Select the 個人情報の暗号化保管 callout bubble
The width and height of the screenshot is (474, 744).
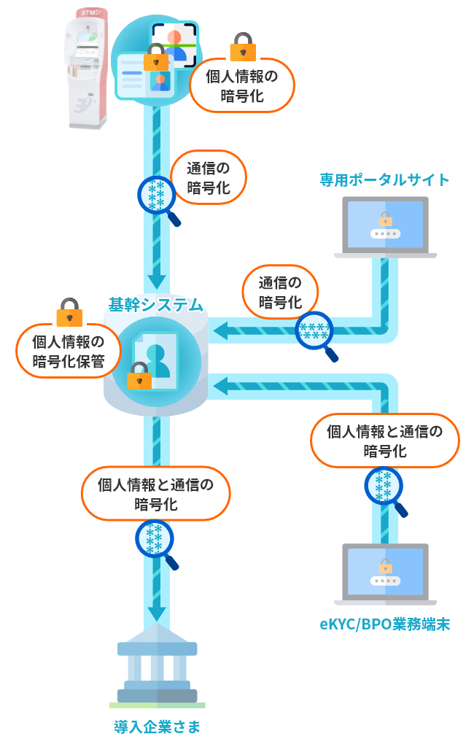tap(69, 351)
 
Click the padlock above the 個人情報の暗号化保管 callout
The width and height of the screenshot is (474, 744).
tap(69, 311)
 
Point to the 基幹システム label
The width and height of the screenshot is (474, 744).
tap(155, 303)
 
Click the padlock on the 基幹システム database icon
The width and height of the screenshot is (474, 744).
tap(139, 376)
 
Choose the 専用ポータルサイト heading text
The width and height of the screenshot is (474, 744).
tap(384, 179)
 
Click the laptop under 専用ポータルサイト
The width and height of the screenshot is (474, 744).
tap(385, 227)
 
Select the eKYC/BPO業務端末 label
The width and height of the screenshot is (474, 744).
tap(384, 624)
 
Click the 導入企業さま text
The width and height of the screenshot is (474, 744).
tap(157, 726)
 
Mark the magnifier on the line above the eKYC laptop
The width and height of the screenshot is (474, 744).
tap(384, 487)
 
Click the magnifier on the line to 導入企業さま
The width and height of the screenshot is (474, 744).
tap(155, 540)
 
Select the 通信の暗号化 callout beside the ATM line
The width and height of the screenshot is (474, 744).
tap(209, 177)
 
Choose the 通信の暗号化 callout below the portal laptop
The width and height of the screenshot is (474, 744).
tap(279, 291)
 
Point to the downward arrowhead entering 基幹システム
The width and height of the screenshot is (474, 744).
tap(157, 280)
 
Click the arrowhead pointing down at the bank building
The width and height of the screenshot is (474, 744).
tap(157, 612)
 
